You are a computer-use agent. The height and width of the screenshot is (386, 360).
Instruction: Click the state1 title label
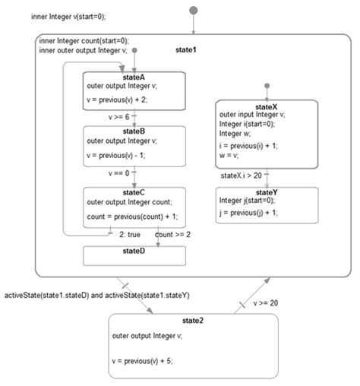tap(188, 49)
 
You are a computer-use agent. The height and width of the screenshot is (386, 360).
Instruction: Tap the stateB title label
tap(133, 131)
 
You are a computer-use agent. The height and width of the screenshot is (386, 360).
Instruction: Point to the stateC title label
tap(133, 192)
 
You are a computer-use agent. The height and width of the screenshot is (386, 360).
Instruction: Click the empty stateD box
tap(134, 255)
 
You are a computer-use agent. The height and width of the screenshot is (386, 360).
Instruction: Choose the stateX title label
tap(267, 106)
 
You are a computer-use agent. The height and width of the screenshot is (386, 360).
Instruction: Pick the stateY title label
tap(267, 194)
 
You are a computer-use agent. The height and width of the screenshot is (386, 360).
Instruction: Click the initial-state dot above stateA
tap(134, 51)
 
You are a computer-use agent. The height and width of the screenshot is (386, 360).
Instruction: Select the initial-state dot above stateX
tap(267, 86)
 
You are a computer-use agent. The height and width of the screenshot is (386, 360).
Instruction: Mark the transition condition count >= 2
tap(172, 235)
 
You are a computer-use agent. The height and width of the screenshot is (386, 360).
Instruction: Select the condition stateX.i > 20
tap(242, 176)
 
